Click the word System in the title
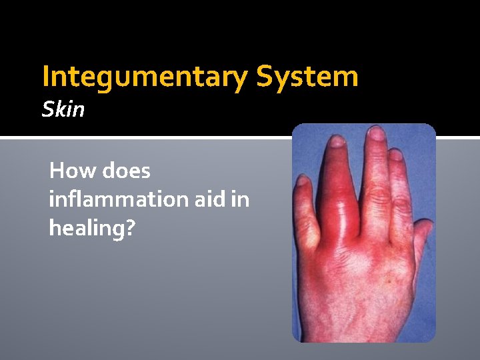click(307, 77)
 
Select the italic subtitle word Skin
click(63, 109)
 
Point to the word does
click(126, 171)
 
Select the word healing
click(87, 228)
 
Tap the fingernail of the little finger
click(304, 180)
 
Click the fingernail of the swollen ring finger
click(337, 141)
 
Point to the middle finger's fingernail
click(377, 133)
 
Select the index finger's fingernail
click(397, 155)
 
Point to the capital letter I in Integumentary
click(45, 77)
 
